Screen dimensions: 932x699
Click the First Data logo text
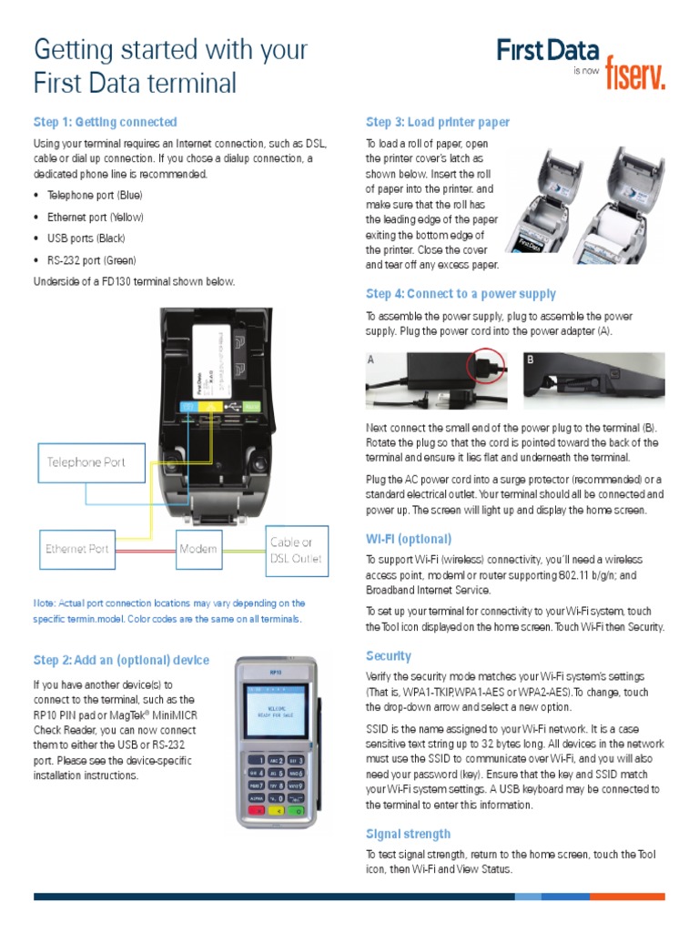pos(548,51)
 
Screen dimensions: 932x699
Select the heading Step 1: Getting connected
pos(106,122)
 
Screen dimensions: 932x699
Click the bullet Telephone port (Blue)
pos(95,196)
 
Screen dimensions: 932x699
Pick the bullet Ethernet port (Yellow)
pos(96,218)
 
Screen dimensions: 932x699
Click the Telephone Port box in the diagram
pos(86,462)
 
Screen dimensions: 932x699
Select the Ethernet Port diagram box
pos(77,549)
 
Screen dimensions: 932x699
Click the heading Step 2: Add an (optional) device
pos(121,660)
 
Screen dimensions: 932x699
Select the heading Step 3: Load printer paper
pos(438,122)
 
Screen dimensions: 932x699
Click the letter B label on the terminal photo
pos(531,360)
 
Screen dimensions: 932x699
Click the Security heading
pos(389,655)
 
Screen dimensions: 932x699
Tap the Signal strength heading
pos(408,833)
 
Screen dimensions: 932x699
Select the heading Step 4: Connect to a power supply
pos(461,294)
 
